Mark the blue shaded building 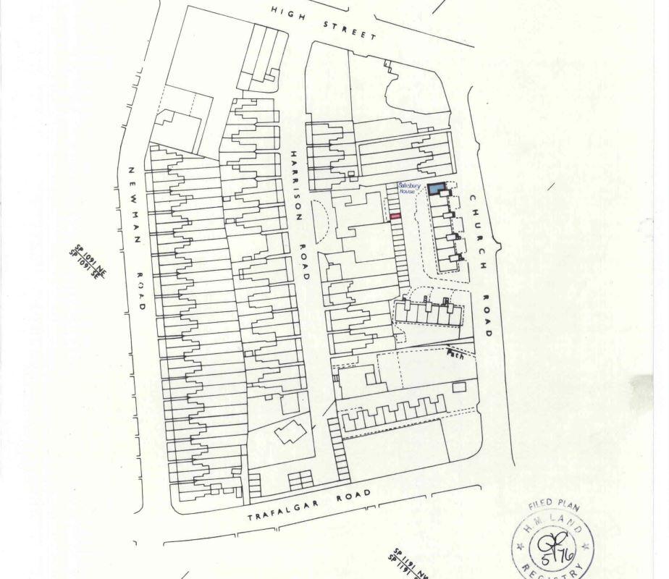point(436,189)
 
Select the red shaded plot point(395,216)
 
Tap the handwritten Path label point(455,352)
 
